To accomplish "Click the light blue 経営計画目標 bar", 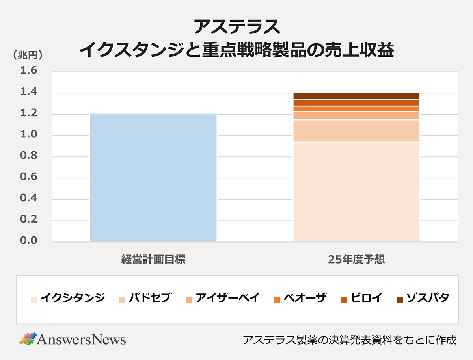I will pos(153,177).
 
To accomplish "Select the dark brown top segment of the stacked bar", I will pos(356,96).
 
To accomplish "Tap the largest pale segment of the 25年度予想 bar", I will pos(356,191).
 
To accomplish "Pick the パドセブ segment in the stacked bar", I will pos(356,131).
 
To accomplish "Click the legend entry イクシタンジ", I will pos(68,298).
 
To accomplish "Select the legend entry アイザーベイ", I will pos(222,298).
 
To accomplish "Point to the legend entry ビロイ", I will pos(361,298).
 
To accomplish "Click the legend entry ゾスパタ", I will pos(423,298).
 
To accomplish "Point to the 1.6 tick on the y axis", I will pos(28,71).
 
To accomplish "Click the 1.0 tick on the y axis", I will pos(28,135).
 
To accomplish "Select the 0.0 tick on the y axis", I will pos(28,241).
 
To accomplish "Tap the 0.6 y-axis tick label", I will pos(28,178).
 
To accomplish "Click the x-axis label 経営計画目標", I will pos(153,260).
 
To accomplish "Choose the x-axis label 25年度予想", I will pos(356,260).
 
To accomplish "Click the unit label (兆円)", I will pos(28,56).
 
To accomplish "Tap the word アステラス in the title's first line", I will pos(236,28).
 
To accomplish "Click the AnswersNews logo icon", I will pos(28,339).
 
